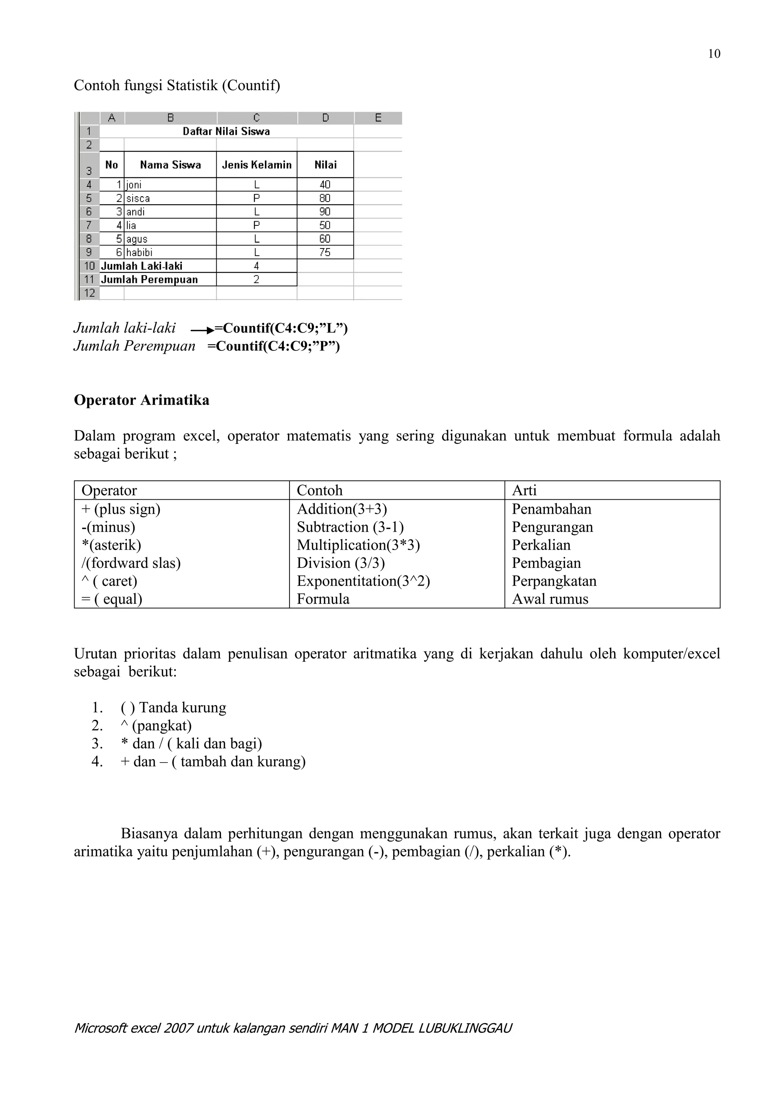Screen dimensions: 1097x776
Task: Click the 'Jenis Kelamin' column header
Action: (257, 165)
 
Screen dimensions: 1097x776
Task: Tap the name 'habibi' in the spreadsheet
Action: (139, 252)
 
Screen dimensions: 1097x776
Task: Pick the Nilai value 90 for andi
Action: (325, 212)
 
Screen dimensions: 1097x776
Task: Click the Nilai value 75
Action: (325, 252)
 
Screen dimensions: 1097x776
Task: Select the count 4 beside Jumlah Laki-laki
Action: (257, 266)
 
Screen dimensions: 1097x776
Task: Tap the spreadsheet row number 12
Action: (89, 293)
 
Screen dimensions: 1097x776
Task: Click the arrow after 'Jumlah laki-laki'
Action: (202, 330)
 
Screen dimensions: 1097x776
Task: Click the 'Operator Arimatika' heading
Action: (141, 400)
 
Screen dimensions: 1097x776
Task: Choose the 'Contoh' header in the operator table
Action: (320, 490)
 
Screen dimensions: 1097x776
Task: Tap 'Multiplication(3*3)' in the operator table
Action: (358, 545)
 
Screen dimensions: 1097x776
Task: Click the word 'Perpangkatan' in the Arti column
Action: (554, 581)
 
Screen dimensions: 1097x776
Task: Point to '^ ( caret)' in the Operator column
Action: (110, 581)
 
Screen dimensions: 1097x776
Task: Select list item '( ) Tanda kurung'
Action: (174, 708)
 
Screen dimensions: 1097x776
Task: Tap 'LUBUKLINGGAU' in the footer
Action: (465, 1028)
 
